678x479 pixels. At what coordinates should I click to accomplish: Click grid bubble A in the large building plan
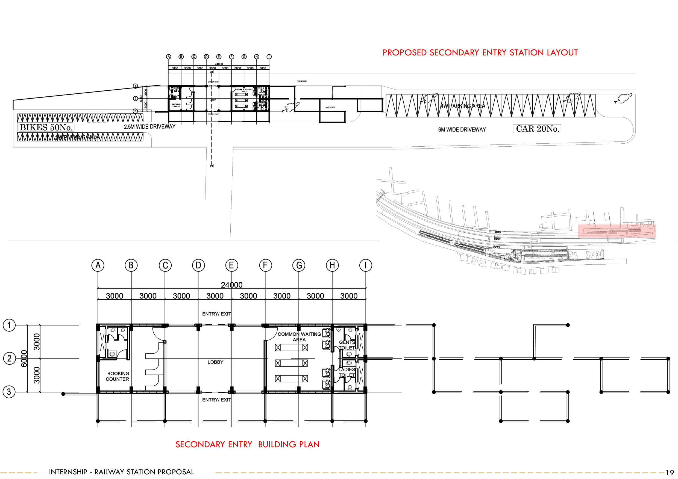pyautogui.click(x=98, y=266)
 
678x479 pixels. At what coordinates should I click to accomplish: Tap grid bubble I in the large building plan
pyautogui.click(x=366, y=266)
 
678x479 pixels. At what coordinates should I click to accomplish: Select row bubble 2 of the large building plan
pyautogui.click(x=9, y=359)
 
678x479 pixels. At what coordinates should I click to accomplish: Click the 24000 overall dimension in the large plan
pyautogui.click(x=232, y=285)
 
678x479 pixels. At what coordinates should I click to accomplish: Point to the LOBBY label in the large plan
pyautogui.click(x=215, y=362)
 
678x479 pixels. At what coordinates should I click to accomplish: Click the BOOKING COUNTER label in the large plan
pyautogui.click(x=118, y=376)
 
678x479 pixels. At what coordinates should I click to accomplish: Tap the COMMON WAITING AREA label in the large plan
pyautogui.click(x=299, y=337)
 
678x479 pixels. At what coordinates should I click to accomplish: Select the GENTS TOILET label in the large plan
pyautogui.click(x=347, y=345)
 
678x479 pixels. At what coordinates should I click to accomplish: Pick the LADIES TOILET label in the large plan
pyautogui.click(x=347, y=372)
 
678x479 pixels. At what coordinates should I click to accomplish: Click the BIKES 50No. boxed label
pyautogui.click(x=46, y=128)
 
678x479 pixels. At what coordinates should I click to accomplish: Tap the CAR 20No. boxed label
pyautogui.click(x=538, y=129)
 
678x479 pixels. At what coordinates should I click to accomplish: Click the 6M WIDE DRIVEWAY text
pyautogui.click(x=462, y=129)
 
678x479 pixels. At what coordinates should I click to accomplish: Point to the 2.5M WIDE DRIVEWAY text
pyautogui.click(x=149, y=127)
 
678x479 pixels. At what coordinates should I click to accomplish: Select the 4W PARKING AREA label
pyautogui.click(x=463, y=106)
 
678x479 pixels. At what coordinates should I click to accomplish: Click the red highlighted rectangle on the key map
pyautogui.click(x=617, y=231)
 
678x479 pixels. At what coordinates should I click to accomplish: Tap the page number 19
pyautogui.click(x=670, y=472)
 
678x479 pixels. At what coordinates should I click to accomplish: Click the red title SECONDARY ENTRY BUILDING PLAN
pyautogui.click(x=248, y=445)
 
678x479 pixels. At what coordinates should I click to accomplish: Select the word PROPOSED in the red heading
pyautogui.click(x=404, y=53)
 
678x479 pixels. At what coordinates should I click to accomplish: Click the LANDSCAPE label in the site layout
pyautogui.click(x=330, y=107)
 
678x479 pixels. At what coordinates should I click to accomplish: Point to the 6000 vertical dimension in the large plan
pyautogui.click(x=24, y=359)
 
